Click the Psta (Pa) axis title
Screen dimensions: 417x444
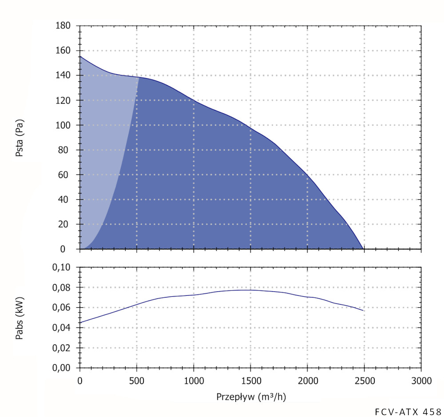19,138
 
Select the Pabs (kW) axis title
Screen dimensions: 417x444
19,318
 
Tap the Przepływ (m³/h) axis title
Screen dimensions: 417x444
251,397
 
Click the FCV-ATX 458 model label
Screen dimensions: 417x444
408,411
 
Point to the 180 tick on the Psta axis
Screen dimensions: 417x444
63,26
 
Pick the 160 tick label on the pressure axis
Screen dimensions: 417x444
63,51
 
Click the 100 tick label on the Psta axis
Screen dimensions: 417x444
63,125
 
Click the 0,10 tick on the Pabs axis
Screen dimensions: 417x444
62,267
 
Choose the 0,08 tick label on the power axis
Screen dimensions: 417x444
62,287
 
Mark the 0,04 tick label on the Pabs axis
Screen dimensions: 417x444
62,328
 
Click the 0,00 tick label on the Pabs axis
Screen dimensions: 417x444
62,368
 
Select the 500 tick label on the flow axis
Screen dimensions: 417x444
137,381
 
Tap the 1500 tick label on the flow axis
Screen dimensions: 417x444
250,381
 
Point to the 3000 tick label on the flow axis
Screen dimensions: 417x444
421,381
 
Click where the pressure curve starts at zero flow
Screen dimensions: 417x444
80,56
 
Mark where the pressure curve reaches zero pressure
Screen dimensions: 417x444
364,249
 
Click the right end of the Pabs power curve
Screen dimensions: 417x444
363,310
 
